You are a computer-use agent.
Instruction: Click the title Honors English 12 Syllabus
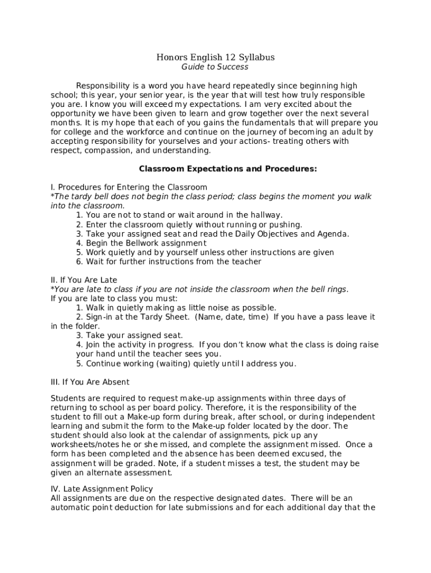215,58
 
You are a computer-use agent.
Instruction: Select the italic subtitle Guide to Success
215,67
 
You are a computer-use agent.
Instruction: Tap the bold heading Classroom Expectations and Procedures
228,168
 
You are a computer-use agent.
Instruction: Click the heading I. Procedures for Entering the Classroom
129,187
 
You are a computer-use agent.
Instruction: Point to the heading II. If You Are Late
84,280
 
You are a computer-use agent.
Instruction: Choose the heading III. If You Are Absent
90,382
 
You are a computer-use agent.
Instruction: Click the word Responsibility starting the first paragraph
102,86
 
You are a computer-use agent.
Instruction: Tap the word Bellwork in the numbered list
129,243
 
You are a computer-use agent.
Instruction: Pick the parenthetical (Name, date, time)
232,317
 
